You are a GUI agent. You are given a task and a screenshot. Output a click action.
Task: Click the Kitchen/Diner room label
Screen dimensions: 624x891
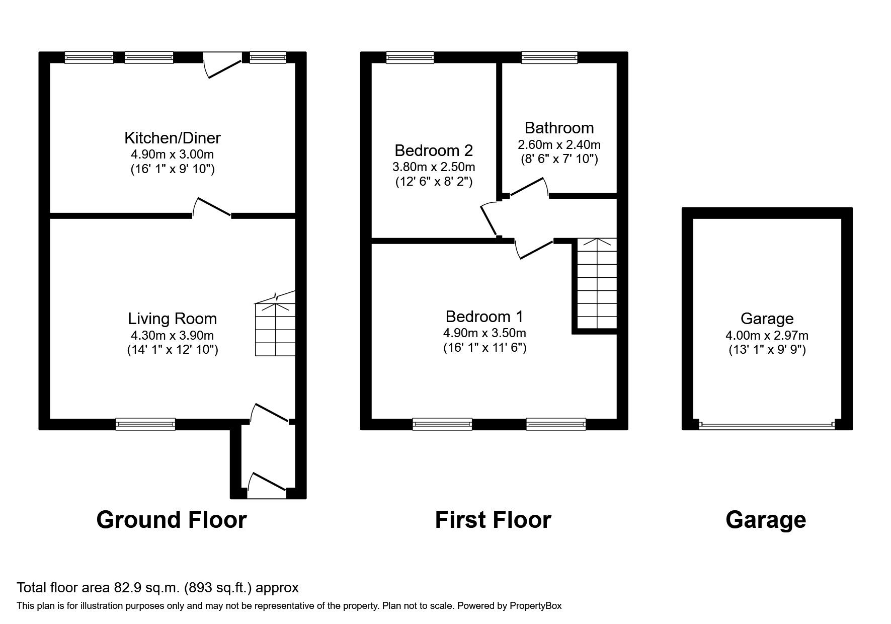[x=172, y=137]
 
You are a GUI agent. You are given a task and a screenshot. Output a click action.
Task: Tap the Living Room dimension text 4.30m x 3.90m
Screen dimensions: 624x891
[x=172, y=335]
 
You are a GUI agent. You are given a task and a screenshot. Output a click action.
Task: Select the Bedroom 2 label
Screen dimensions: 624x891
[x=433, y=150]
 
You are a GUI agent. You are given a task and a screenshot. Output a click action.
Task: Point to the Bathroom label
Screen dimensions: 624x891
[x=559, y=127]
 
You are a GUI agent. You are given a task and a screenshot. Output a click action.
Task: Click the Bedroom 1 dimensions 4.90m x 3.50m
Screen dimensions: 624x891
[x=484, y=333]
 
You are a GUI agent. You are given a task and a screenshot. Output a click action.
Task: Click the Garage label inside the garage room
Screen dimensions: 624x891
[x=767, y=319]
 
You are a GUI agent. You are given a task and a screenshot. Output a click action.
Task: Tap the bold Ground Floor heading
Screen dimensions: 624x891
[x=171, y=520]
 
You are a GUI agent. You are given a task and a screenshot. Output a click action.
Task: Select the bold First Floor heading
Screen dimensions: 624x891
[x=493, y=520]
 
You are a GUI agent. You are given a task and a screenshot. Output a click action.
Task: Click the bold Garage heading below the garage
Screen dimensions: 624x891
[x=765, y=520]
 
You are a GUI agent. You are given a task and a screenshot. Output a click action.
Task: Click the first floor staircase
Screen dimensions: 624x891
[x=596, y=284]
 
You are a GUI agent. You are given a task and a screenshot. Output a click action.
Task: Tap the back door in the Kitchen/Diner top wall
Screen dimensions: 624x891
[x=222, y=66]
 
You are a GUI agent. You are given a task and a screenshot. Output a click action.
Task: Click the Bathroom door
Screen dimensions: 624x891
[x=528, y=188]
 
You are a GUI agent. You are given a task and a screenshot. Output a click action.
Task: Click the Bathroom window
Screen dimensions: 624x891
[x=549, y=58]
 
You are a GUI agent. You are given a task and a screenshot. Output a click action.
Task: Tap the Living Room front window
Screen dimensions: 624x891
[x=145, y=424]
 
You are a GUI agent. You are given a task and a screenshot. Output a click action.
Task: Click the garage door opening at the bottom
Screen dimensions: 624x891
[x=767, y=425]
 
